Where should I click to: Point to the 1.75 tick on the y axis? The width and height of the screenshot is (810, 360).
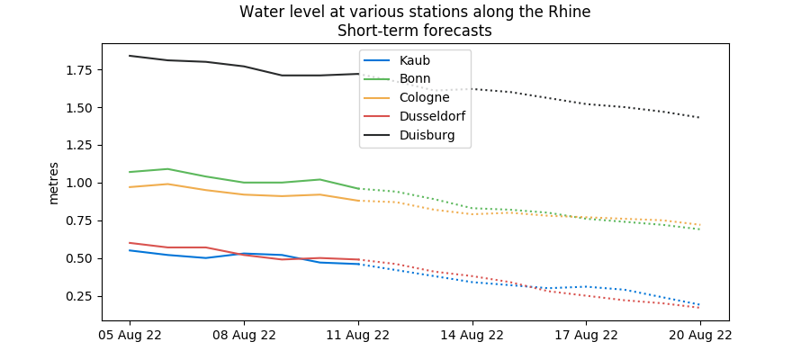79,70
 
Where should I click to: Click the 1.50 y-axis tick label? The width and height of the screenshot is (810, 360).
79,108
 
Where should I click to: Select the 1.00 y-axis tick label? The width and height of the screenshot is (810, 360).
79,183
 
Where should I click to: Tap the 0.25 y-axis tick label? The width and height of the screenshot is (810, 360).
79,296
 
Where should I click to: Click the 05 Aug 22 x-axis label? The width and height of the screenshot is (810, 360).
130,335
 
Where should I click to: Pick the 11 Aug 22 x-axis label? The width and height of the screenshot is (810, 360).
358,335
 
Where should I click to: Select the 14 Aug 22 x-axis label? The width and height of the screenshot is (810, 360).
472,335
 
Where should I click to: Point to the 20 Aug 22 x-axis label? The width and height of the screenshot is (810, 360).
700,335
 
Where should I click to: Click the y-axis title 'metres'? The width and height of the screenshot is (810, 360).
54,183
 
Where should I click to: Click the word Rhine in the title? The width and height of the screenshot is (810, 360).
570,12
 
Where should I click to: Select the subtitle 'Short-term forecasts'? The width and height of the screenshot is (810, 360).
415,31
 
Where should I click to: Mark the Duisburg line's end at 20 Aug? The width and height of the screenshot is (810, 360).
700,118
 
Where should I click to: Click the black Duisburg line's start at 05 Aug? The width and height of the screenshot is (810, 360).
130,56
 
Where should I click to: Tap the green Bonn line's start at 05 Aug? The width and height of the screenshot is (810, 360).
130,172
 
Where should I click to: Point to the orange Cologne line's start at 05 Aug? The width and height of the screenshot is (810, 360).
130,187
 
